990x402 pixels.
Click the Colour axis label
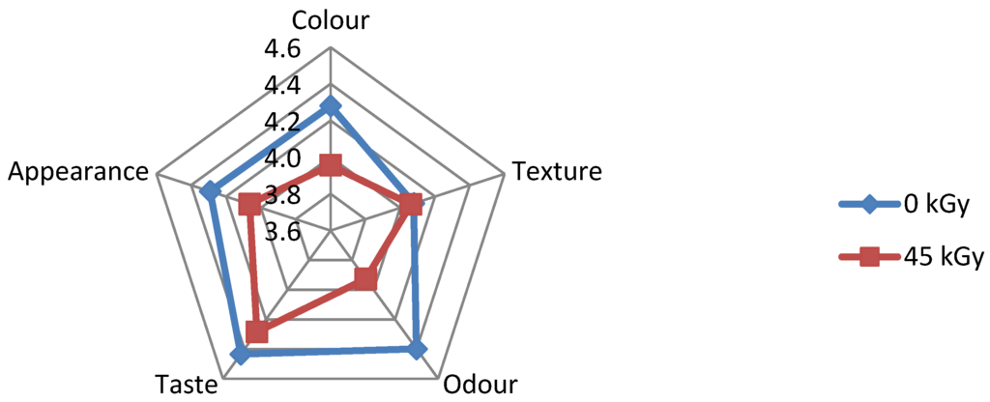331,20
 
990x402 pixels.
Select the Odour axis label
480,385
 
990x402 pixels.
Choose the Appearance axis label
79,172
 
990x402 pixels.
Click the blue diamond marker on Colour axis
331,105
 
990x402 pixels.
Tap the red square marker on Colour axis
331,164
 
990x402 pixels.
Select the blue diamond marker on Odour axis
417,349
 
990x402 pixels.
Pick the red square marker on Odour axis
364,279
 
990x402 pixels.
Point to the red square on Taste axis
256,332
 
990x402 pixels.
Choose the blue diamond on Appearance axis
208,191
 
